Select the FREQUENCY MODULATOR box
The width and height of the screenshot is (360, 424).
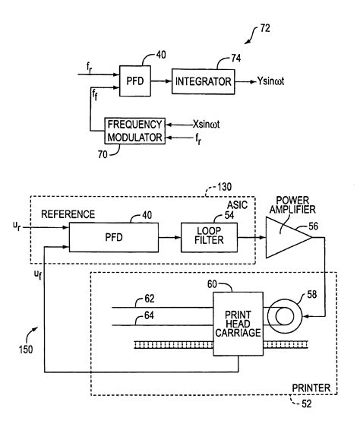[134, 130]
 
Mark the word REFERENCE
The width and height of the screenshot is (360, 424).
[68, 215]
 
